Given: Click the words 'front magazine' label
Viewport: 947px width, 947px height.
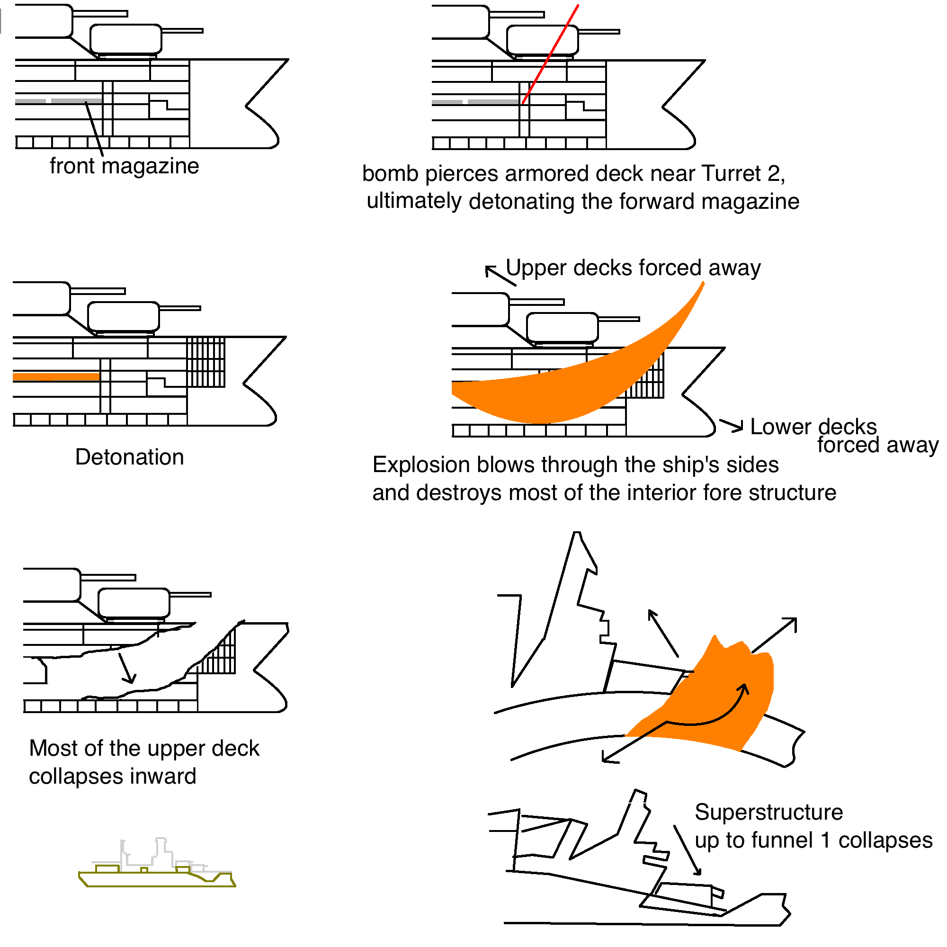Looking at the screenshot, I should (125, 166).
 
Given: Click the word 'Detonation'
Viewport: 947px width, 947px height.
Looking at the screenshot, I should (129, 457).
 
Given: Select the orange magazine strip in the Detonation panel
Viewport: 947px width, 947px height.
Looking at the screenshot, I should (56, 376).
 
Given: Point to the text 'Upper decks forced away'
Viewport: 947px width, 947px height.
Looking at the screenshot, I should (633, 268).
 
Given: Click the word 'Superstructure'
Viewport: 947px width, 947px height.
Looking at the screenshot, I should (768, 812).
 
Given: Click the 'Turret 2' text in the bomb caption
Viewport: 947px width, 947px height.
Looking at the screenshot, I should (743, 173).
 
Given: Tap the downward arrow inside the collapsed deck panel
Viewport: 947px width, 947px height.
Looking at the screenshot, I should (127, 668).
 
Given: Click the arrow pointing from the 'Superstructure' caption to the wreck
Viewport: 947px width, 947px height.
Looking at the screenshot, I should (687, 850).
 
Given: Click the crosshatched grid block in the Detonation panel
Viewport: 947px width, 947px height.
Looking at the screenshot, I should (206, 362).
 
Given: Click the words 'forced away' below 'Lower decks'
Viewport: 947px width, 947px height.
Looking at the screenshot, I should (877, 445).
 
